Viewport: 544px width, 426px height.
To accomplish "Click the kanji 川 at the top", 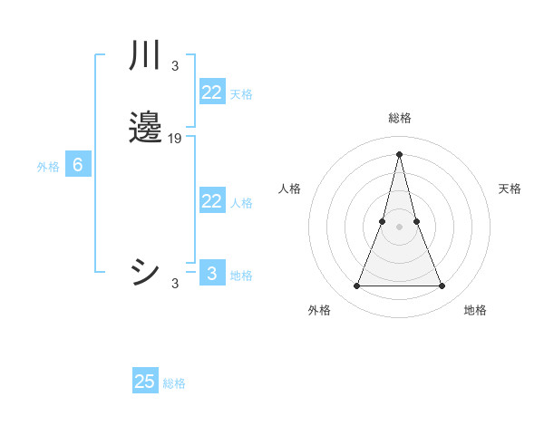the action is click(145, 56).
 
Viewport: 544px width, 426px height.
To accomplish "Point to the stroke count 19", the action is click(175, 139).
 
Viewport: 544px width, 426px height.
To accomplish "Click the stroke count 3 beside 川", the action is click(175, 65).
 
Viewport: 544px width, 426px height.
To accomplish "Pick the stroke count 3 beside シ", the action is click(175, 284).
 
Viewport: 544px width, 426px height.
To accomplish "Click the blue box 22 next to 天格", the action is click(211, 92).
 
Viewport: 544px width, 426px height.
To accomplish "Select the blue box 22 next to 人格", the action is click(211, 201).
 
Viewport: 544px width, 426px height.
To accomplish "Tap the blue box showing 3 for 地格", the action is click(211, 274).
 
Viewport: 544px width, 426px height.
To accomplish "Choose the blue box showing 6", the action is click(78, 165).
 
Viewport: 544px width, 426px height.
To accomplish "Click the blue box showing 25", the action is click(145, 382).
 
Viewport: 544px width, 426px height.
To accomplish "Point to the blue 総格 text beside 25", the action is click(174, 383).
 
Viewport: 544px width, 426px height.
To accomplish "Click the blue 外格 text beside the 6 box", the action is click(48, 167).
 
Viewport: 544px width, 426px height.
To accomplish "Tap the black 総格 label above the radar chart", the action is click(400, 118).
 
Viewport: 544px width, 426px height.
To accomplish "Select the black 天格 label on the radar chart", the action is click(510, 189).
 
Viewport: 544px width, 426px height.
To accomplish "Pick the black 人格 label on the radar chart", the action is click(289, 189).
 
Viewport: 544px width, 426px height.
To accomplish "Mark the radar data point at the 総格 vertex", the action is click(399, 154).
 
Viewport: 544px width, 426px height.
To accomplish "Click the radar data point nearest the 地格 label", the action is click(442, 286).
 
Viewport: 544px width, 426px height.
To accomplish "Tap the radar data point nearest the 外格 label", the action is click(356, 286).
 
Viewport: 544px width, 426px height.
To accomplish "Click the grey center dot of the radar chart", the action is click(399, 227).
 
